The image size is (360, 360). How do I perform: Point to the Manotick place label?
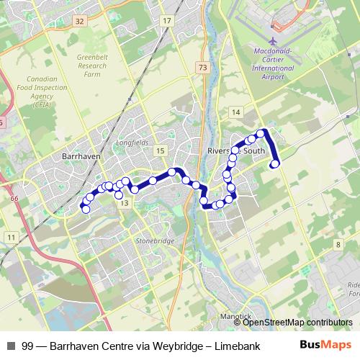(x=235, y=316)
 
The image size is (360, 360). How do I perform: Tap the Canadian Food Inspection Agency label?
(x=48, y=91)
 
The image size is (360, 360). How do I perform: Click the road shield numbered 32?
(x=79, y=22)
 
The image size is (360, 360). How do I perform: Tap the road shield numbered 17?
(x=167, y=22)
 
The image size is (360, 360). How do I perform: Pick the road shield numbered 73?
(x=202, y=67)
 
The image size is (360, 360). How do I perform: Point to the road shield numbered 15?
(x=160, y=150)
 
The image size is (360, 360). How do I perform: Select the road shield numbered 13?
(x=125, y=204)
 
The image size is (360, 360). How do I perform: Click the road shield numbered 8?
(x=338, y=246)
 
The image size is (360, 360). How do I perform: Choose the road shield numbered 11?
(x=11, y=236)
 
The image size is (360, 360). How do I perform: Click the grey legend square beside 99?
(x=10, y=345)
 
